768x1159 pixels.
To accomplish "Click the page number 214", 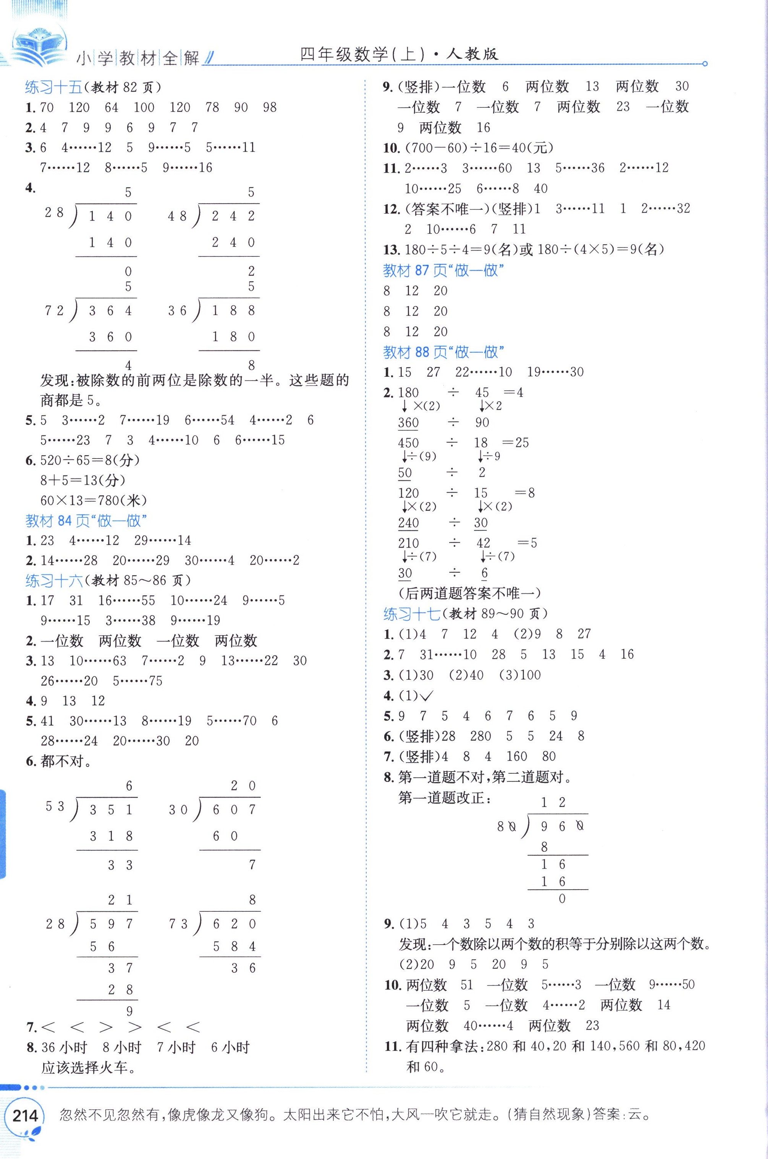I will pyautogui.click(x=24, y=1115).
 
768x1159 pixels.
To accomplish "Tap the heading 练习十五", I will pyautogui.click(x=54, y=87).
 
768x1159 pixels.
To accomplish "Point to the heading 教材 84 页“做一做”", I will pyautogui.click(x=86, y=520).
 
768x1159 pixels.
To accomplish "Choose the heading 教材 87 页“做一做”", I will pyautogui.click(x=444, y=270).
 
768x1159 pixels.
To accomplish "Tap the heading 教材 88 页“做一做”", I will pyautogui.click(x=444, y=352).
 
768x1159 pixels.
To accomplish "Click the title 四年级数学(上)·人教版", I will pyautogui.click(x=399, y=54).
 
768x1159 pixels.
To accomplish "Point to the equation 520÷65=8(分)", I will pyautogui.click(x=90, y=460).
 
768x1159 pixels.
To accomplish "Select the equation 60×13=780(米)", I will pyautogui.click(x=94, y=500).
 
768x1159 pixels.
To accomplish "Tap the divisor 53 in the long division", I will pyautogui.click(x=55, y=806).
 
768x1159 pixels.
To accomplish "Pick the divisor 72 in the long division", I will pyautogui.click(x=54, y=311).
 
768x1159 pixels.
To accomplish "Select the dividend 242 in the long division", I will pyautogui.click(x=233, y=216).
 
